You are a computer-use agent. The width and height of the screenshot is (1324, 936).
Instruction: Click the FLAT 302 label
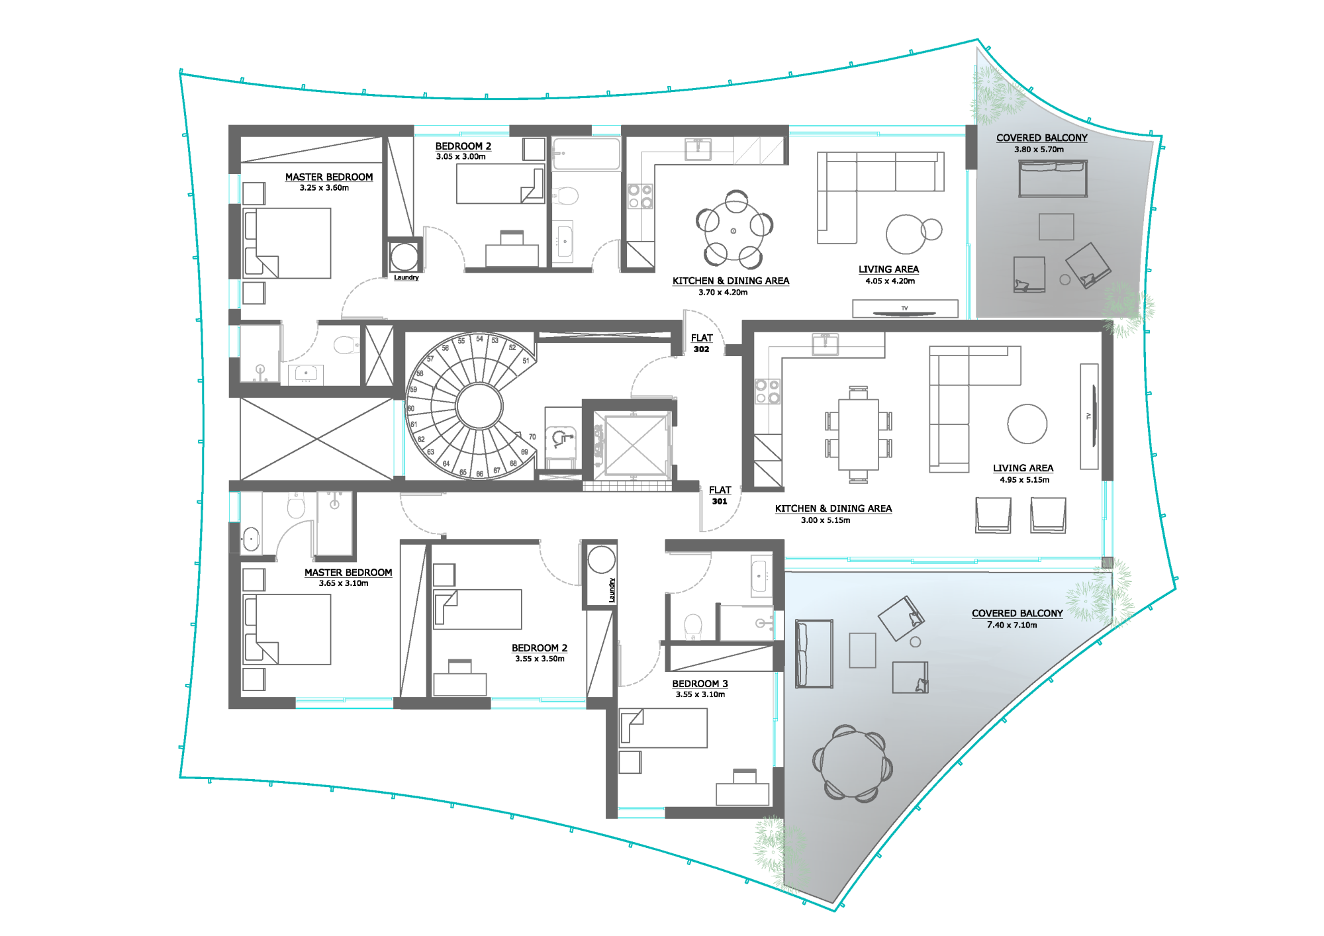point(702,343)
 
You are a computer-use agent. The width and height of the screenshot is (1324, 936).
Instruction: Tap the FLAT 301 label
point(720,495)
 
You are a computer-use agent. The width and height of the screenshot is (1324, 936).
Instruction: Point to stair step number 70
point(532,437)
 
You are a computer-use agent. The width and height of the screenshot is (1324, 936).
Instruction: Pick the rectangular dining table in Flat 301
point(859,434)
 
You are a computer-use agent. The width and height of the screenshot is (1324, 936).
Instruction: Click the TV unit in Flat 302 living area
point(905,308)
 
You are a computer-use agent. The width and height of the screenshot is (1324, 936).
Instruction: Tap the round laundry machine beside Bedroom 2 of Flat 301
point(601,559)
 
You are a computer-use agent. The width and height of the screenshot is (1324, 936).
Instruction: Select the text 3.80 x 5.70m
point(1039,150)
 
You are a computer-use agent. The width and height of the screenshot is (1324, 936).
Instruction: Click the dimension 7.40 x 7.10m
point(1012,625)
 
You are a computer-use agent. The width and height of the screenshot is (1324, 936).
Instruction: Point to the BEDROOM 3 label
point(700,684)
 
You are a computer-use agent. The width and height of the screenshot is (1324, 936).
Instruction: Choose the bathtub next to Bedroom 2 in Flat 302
point(586,154)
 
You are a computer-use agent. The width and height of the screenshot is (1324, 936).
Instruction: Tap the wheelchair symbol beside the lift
point(561,438)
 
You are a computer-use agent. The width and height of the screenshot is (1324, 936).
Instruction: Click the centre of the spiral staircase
point(479,406)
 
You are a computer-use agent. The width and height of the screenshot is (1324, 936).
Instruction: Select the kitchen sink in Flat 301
point(825,344)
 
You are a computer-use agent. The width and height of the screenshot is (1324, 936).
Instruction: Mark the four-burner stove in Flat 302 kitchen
point(640,196)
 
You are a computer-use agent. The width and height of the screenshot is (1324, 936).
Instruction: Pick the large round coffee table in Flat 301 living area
point(1027,424)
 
